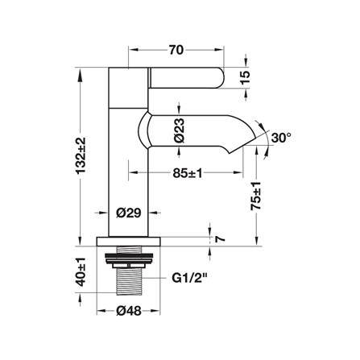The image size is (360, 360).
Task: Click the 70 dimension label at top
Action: (x=176, y=50)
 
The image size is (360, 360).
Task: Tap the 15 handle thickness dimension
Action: (x=245, y=78)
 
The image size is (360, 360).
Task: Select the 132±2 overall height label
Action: (x=81, y=155)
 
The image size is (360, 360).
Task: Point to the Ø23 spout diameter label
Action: (x=180, y=130)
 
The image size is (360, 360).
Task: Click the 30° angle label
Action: (x=281, y=138)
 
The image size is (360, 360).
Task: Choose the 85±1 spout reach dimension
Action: (x=187, y=173)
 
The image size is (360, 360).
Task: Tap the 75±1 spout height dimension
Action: (x=255, y=196)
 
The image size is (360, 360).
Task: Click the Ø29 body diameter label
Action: (x=128, y=213)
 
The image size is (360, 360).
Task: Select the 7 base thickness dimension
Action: (x=219, y=238)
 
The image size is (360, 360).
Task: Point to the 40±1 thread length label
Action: (x=81, y=272)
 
